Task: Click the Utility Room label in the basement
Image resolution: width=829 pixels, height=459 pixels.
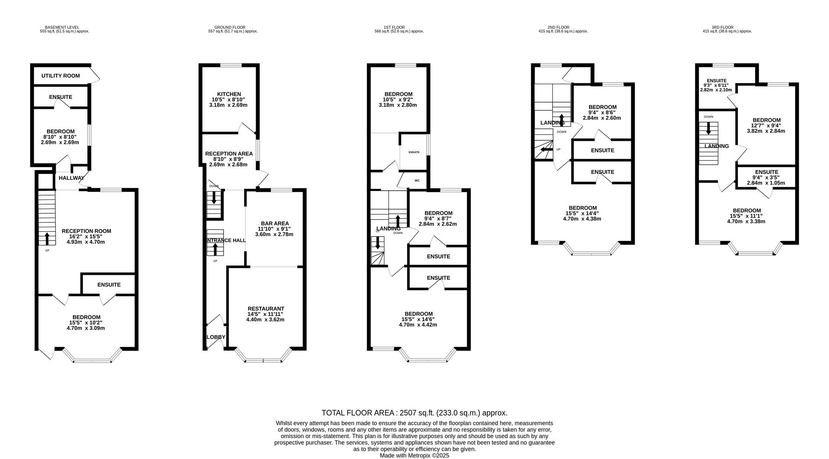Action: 60,76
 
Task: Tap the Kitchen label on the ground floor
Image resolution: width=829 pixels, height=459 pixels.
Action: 229,94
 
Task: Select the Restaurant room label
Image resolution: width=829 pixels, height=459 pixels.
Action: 266,308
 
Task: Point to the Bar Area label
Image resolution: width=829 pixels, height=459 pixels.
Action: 275,223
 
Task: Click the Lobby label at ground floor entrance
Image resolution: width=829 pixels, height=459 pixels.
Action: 216,337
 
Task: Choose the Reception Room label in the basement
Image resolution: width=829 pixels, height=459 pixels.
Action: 86,231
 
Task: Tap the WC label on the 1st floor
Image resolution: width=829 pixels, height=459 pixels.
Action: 417,180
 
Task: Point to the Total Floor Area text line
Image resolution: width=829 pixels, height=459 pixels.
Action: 414,413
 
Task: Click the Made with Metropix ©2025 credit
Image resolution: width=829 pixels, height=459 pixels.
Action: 414,455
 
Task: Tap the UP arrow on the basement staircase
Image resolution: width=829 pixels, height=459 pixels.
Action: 47,238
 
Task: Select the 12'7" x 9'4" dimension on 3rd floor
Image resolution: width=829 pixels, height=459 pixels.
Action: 766,126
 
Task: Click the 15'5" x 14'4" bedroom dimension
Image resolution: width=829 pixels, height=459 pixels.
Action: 582,213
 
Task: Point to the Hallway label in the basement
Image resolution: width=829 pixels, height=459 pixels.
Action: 71,178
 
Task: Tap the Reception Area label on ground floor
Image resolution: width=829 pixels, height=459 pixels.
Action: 229,154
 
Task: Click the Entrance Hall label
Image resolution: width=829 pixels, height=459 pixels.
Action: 225,241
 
